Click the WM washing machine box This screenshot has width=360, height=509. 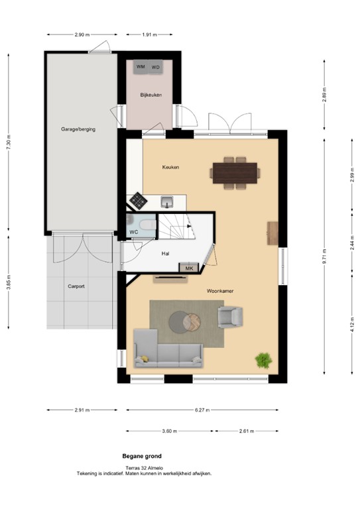pos(141,67)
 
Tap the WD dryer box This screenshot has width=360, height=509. pos(156,67)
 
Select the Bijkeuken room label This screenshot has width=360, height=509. pos(151,95)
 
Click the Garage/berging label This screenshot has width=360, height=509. pos(78,129)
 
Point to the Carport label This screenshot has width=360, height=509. pos(76,286)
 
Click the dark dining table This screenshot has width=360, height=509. pos(235,173)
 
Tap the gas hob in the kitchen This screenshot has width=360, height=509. pos(139,201)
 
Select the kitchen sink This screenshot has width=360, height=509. pos(167,202)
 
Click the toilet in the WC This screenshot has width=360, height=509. pos(148,225)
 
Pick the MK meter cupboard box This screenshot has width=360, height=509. pos(189,268)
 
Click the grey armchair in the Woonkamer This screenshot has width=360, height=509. pos(230,317)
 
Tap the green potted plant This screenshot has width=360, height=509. pos(263,361)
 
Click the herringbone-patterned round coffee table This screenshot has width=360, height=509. pos(192,322)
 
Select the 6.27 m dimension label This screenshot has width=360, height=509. pos(202,410)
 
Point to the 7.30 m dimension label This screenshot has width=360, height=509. pos(9,142)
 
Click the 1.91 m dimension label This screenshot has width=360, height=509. pos(149,34)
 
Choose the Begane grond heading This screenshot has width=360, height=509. pos(142,456)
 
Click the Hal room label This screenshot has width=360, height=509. pos(165,254)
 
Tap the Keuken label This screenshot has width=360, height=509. pos(171,167)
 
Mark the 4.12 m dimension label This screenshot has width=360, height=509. pos(352,325)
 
